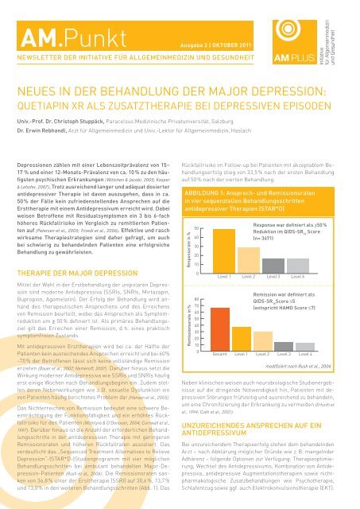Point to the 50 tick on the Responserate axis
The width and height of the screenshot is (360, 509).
[x=196, y=207]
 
